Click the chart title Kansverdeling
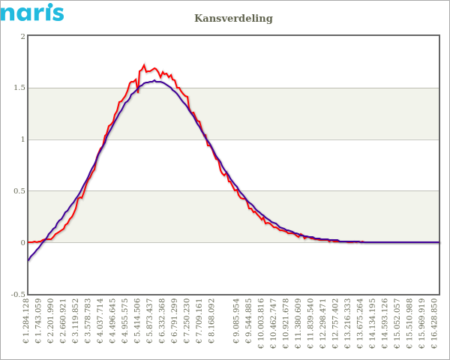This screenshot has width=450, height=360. click(x=233, y=18)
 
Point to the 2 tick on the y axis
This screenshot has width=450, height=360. click(x=22, y=36)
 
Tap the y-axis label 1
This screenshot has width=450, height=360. click(x=22, y=139)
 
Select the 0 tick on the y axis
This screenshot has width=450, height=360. click(x=22, y=243)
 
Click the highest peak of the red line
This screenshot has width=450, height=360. click(x=144, y=65)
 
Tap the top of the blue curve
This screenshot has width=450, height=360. click(x=154, y=80)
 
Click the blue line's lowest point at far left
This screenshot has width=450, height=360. click(x=28, y=259)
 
